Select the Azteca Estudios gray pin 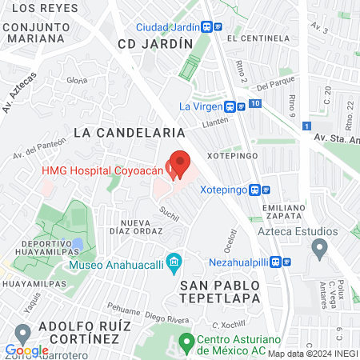click(x=319, y=249)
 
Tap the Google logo click(x=26, y=350)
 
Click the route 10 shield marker click(x=254, y=104)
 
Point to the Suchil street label click(x=169, y=212)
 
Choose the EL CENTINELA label click(x=257, y=38)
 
